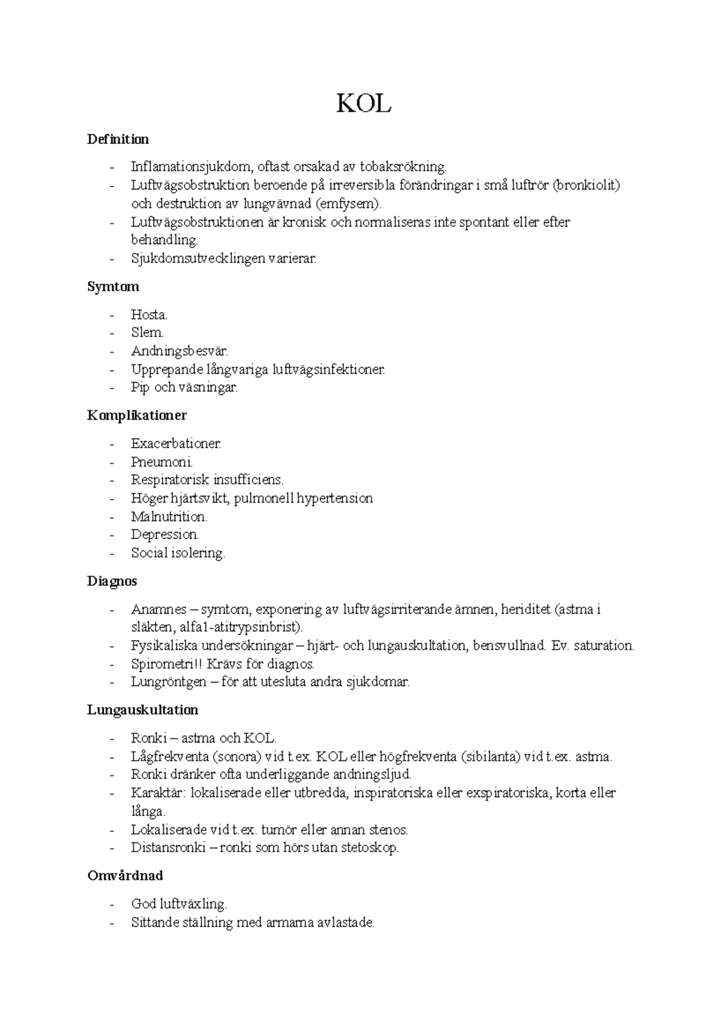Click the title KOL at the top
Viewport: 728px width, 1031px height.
click(364, 104)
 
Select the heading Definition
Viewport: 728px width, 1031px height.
click(118, 140)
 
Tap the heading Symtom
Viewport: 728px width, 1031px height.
click(113, 287)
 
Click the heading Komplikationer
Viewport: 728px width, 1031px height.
click(136, 416)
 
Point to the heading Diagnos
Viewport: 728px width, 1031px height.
click(112, 581)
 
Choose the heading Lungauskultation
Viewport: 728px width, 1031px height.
click(143, 710)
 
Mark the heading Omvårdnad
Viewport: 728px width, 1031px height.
click(125, 876)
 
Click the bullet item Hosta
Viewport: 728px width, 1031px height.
click(149, 315)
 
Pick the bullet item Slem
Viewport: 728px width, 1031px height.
click(147, 333)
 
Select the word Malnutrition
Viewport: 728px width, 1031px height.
click(169, 517)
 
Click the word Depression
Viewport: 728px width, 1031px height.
click(164, 535)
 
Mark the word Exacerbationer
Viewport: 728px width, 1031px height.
click(176, 443)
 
